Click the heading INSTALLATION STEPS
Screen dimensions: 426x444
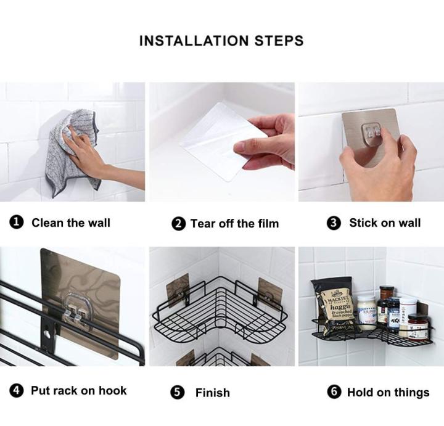pyautogui.click(x=221, y=41)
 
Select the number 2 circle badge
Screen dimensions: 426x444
pyautogui.click(x=179, y=224)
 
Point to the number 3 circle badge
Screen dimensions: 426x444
pyautogui.click(x=335, y=223)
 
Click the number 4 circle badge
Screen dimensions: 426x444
pyautogui.click(x=17, y=391)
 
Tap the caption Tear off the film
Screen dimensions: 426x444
pyautogui.click(x=234, y=224)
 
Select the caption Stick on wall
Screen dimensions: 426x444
pyautogui.click(x=385, y=223)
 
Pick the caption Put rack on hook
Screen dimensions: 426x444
pyautogui.click(x=78, y=391)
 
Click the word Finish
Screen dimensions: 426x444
pyautogui.click(x=212, y=393)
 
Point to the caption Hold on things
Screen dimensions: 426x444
pyautogui.click(x=388, y=393)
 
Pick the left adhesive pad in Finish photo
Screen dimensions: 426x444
pyautogui.click(x=178, y=290)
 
